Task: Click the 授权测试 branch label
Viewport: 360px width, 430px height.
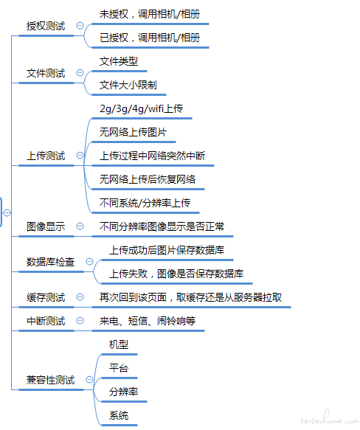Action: (x=46, y=26)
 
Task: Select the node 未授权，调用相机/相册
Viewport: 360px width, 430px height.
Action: (x=150, y=14)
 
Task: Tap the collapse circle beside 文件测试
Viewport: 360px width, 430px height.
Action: (x=80, y=73)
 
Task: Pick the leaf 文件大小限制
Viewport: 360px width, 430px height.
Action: (x=128, y=85)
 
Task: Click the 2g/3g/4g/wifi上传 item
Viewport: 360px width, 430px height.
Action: (x=141, y=109)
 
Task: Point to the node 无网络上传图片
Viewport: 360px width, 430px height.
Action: (x=133, y=133)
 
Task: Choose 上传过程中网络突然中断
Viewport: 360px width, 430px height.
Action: (x=152, y=156)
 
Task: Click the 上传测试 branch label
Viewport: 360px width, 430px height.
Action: (x=46, y=156)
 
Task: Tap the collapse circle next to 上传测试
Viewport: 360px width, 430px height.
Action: (x=80, y=156)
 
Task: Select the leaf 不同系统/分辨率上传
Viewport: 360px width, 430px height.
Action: (x=145, y=204)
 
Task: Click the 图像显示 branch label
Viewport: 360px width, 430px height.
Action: (x=46, y=226)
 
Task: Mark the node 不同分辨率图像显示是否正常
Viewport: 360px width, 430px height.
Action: (x=162, y=226)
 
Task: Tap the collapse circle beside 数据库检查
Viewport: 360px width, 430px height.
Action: (x=90, y=262)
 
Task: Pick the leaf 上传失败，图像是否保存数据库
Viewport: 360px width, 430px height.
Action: (x=176, y=274)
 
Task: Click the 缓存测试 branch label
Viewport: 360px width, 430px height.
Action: (x=46, y=297)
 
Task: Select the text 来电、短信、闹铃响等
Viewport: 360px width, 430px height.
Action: (x=148, y=321)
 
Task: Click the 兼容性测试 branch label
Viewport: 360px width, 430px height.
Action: (x=50, y=380)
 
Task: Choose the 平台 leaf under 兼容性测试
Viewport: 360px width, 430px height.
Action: (x=119, y=368)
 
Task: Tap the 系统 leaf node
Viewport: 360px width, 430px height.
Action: (x=119, y=415)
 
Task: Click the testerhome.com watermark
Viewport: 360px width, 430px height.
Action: (x=330, y=418)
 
